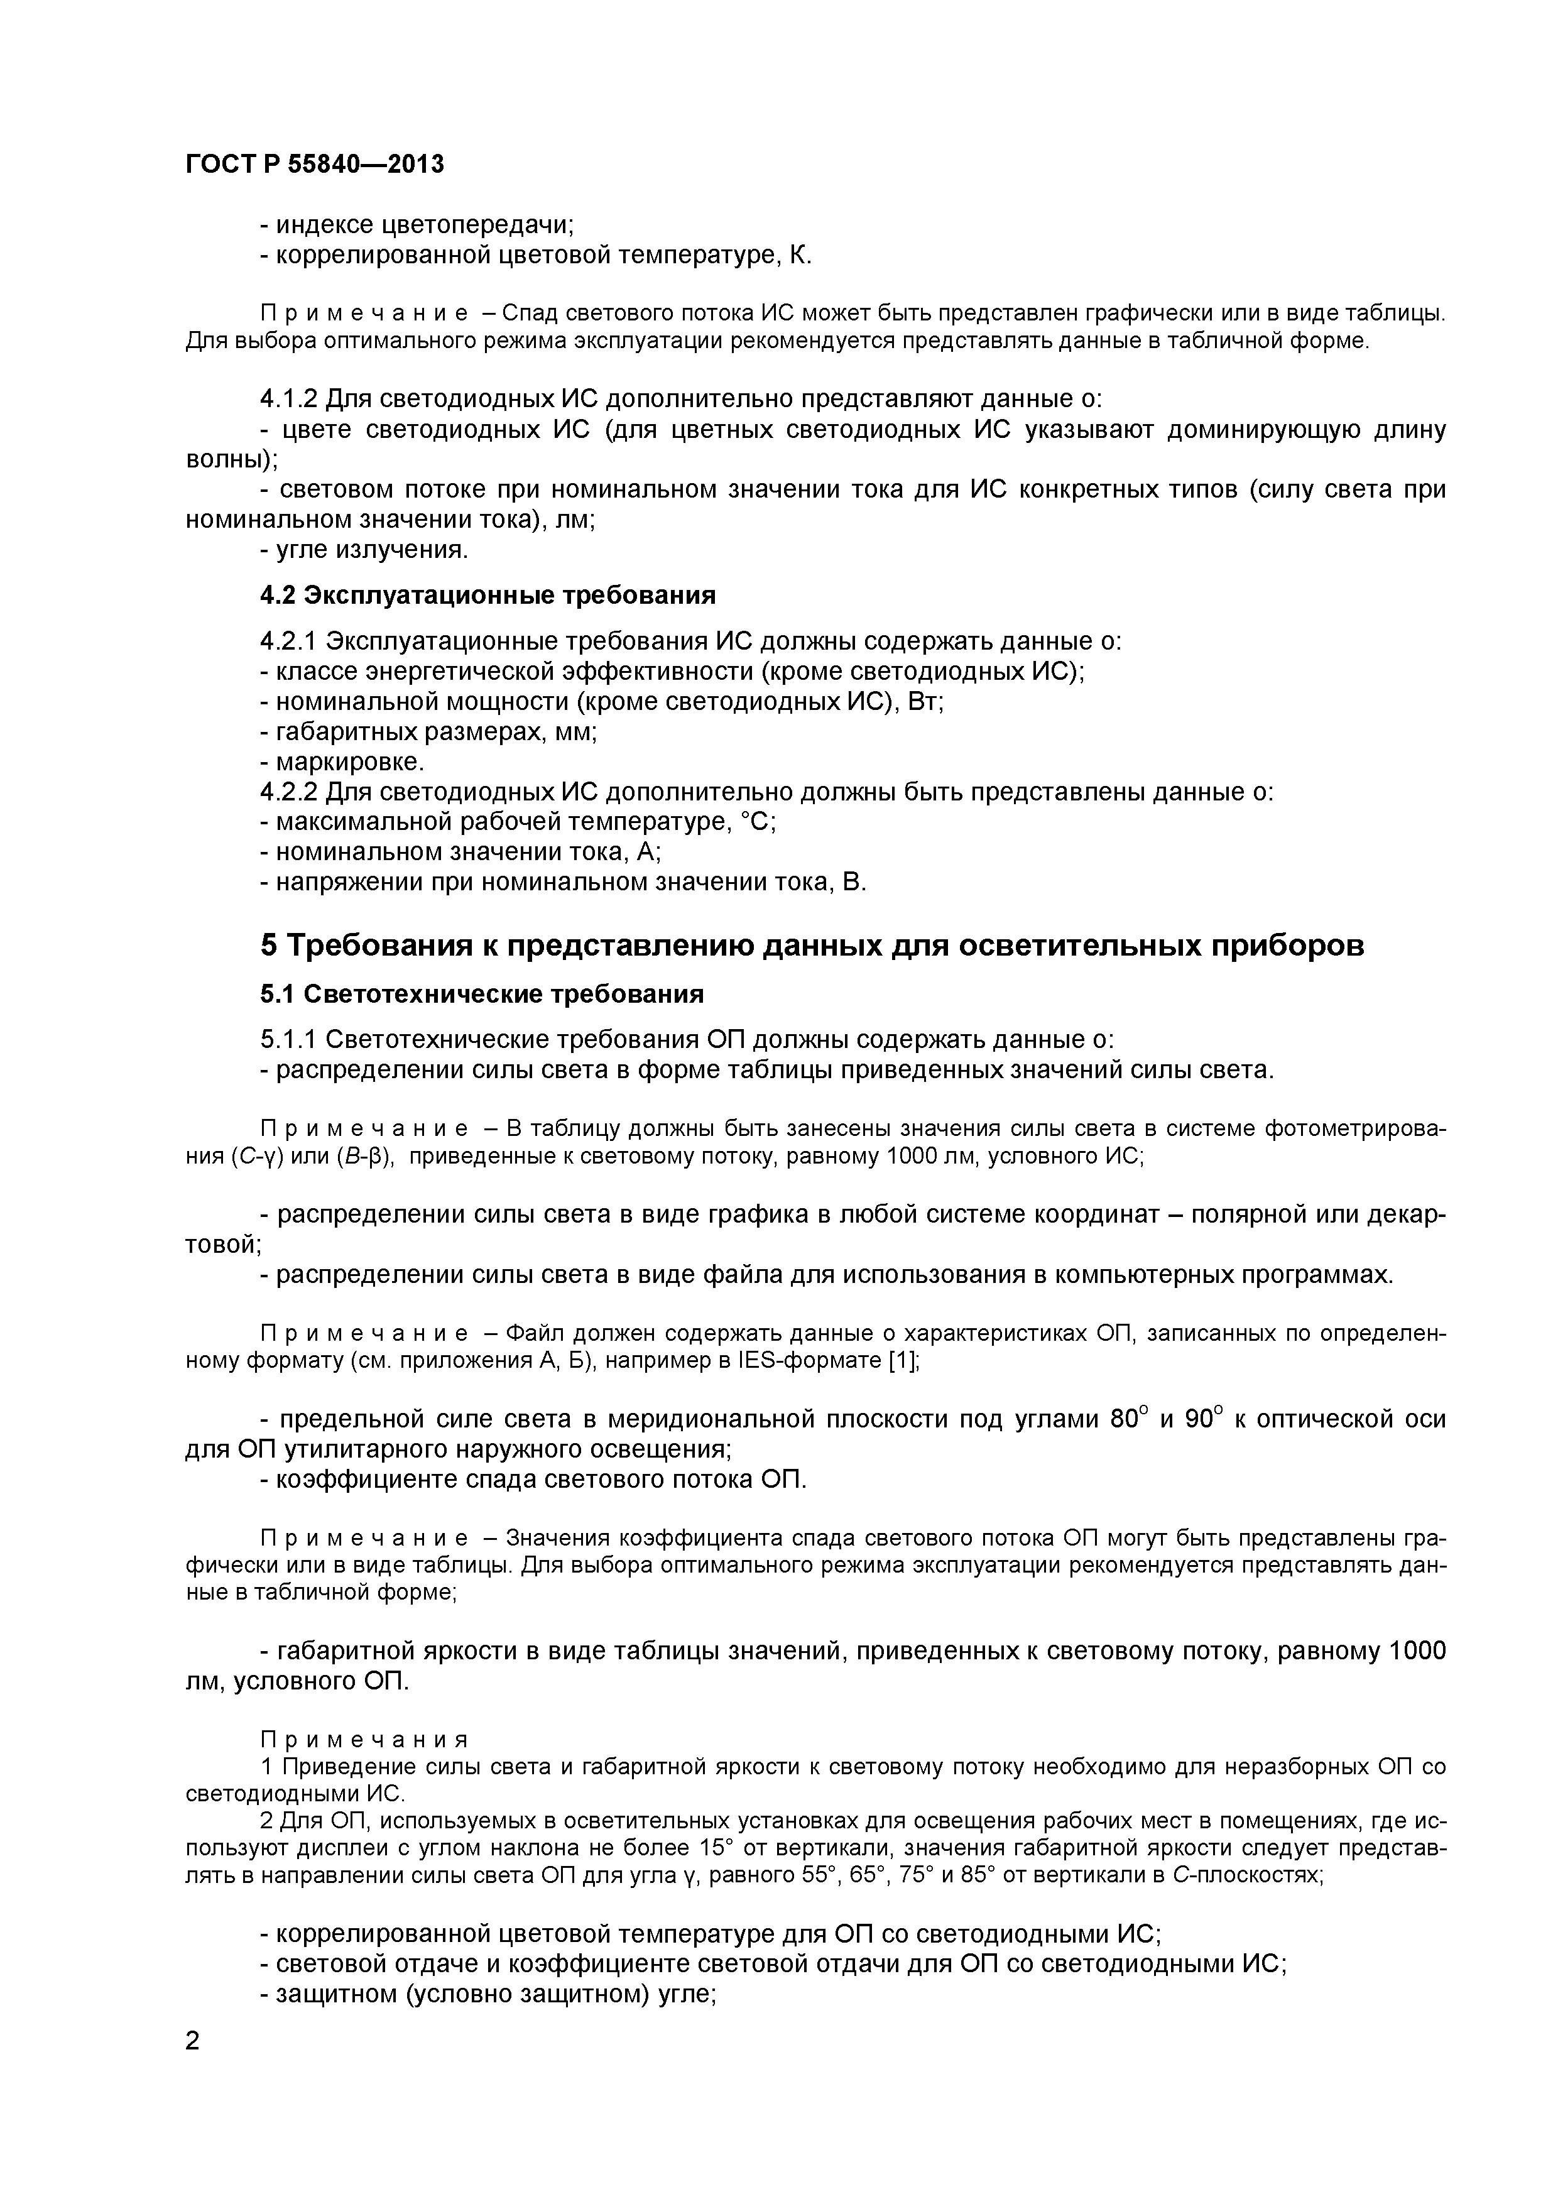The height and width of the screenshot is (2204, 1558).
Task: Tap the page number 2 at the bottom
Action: coord(193,2067)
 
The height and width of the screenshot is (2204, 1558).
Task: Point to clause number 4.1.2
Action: coord(289,398)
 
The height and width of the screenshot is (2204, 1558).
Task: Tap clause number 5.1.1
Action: coord(289,1040)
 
